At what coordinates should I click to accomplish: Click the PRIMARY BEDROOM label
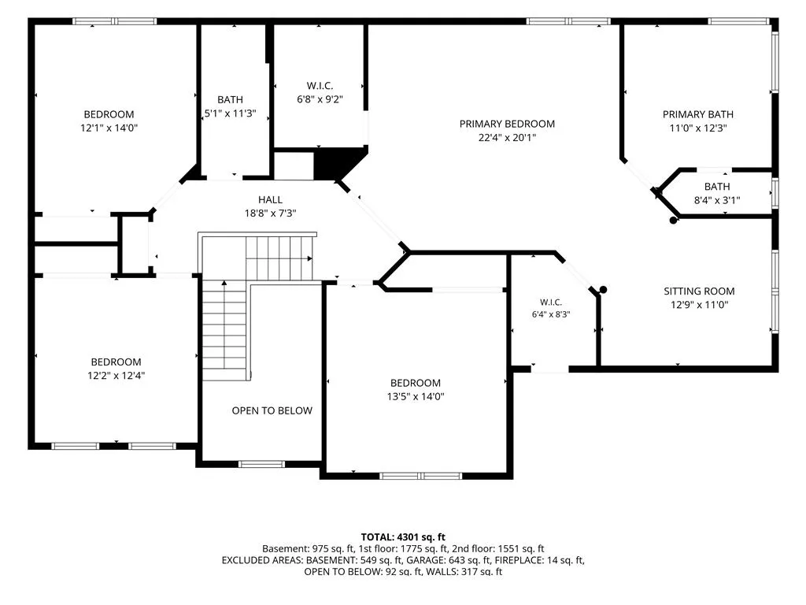click(507, 124)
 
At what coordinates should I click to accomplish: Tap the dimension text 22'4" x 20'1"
click(507, 137)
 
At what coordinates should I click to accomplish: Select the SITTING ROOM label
click(699, 291)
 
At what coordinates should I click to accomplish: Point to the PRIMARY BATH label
click(697, 114)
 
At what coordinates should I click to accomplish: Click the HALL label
click(271, 199)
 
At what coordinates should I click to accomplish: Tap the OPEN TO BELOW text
click(272, 410)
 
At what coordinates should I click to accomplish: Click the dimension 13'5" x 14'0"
click(416, 397)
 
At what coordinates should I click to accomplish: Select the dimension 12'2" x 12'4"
click(116, 376)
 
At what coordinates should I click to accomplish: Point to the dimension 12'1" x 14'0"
click(109, 128)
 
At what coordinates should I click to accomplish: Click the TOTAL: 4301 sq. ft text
click(403, 537)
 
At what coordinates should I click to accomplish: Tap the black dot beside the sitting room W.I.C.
click(604, 290)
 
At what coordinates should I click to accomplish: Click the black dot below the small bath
click(674, 221)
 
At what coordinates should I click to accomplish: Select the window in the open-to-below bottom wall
click(261, 464)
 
